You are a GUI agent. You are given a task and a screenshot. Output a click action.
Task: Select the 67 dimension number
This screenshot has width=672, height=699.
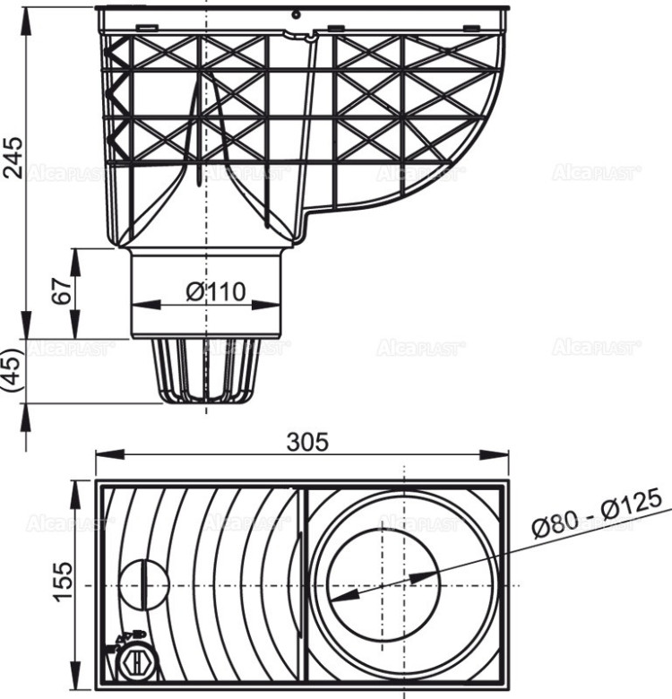point(61,293)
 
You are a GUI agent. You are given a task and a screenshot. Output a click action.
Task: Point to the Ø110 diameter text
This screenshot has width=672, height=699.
point(215,291)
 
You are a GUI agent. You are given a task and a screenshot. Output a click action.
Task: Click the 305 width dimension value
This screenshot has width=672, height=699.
point(307,441)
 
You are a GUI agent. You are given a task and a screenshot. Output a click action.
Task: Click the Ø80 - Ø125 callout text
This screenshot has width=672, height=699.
point(595,513)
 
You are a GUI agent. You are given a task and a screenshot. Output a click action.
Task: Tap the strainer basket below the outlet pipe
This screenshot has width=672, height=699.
point(205,370)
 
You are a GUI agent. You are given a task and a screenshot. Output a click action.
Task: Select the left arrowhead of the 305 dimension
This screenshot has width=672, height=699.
point(101,454)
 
